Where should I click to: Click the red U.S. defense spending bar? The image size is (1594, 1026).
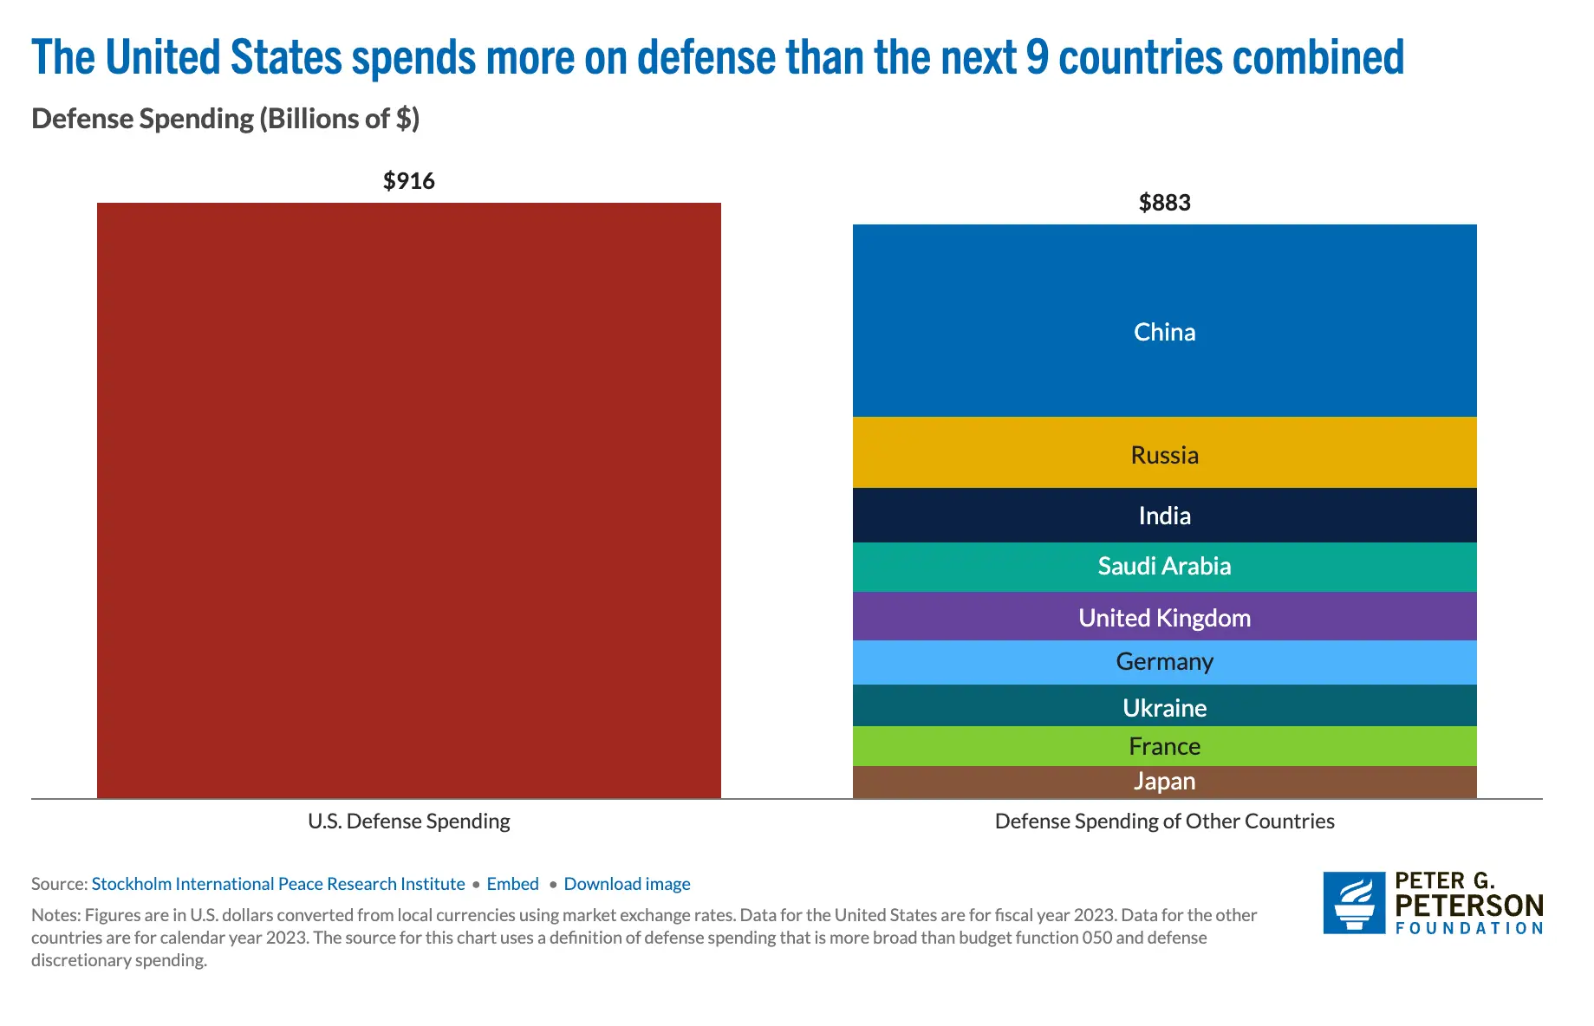(x=408, y=500)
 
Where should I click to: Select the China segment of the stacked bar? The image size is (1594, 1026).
(x=1164, y=321)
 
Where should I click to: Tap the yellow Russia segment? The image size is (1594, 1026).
(x=1164, y=452)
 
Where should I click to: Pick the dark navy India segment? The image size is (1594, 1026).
(x=1164, y=515)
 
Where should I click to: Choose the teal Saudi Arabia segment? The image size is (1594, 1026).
(x=1164, y=567)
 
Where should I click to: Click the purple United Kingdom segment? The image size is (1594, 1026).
(x=1164, y=617)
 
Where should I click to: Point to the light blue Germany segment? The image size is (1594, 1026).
(x=1164, y=662)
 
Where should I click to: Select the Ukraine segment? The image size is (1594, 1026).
(x=1164, y=706)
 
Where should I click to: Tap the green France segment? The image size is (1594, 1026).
(x=1164, y=746)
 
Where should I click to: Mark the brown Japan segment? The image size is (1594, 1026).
(x=1164, y=782)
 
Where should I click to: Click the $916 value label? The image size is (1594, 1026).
(x=408, y=181)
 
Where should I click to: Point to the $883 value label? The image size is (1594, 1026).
(x=1164, y=203)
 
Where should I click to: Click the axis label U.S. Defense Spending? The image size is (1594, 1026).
(x=408, y=821)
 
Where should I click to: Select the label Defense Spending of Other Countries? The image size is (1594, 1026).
(x=1164, y=821)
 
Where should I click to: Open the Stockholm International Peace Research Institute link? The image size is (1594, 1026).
(x=278, y=884)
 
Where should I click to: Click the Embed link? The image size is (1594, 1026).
(x=512, y=884)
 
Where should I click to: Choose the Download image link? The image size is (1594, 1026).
(x=627, y=884)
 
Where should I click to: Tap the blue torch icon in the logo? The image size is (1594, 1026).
(x=1354, y=902)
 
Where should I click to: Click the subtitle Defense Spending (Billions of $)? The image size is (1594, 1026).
(x=225, y=119)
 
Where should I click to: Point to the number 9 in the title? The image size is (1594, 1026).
(x=1037, y=58)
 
